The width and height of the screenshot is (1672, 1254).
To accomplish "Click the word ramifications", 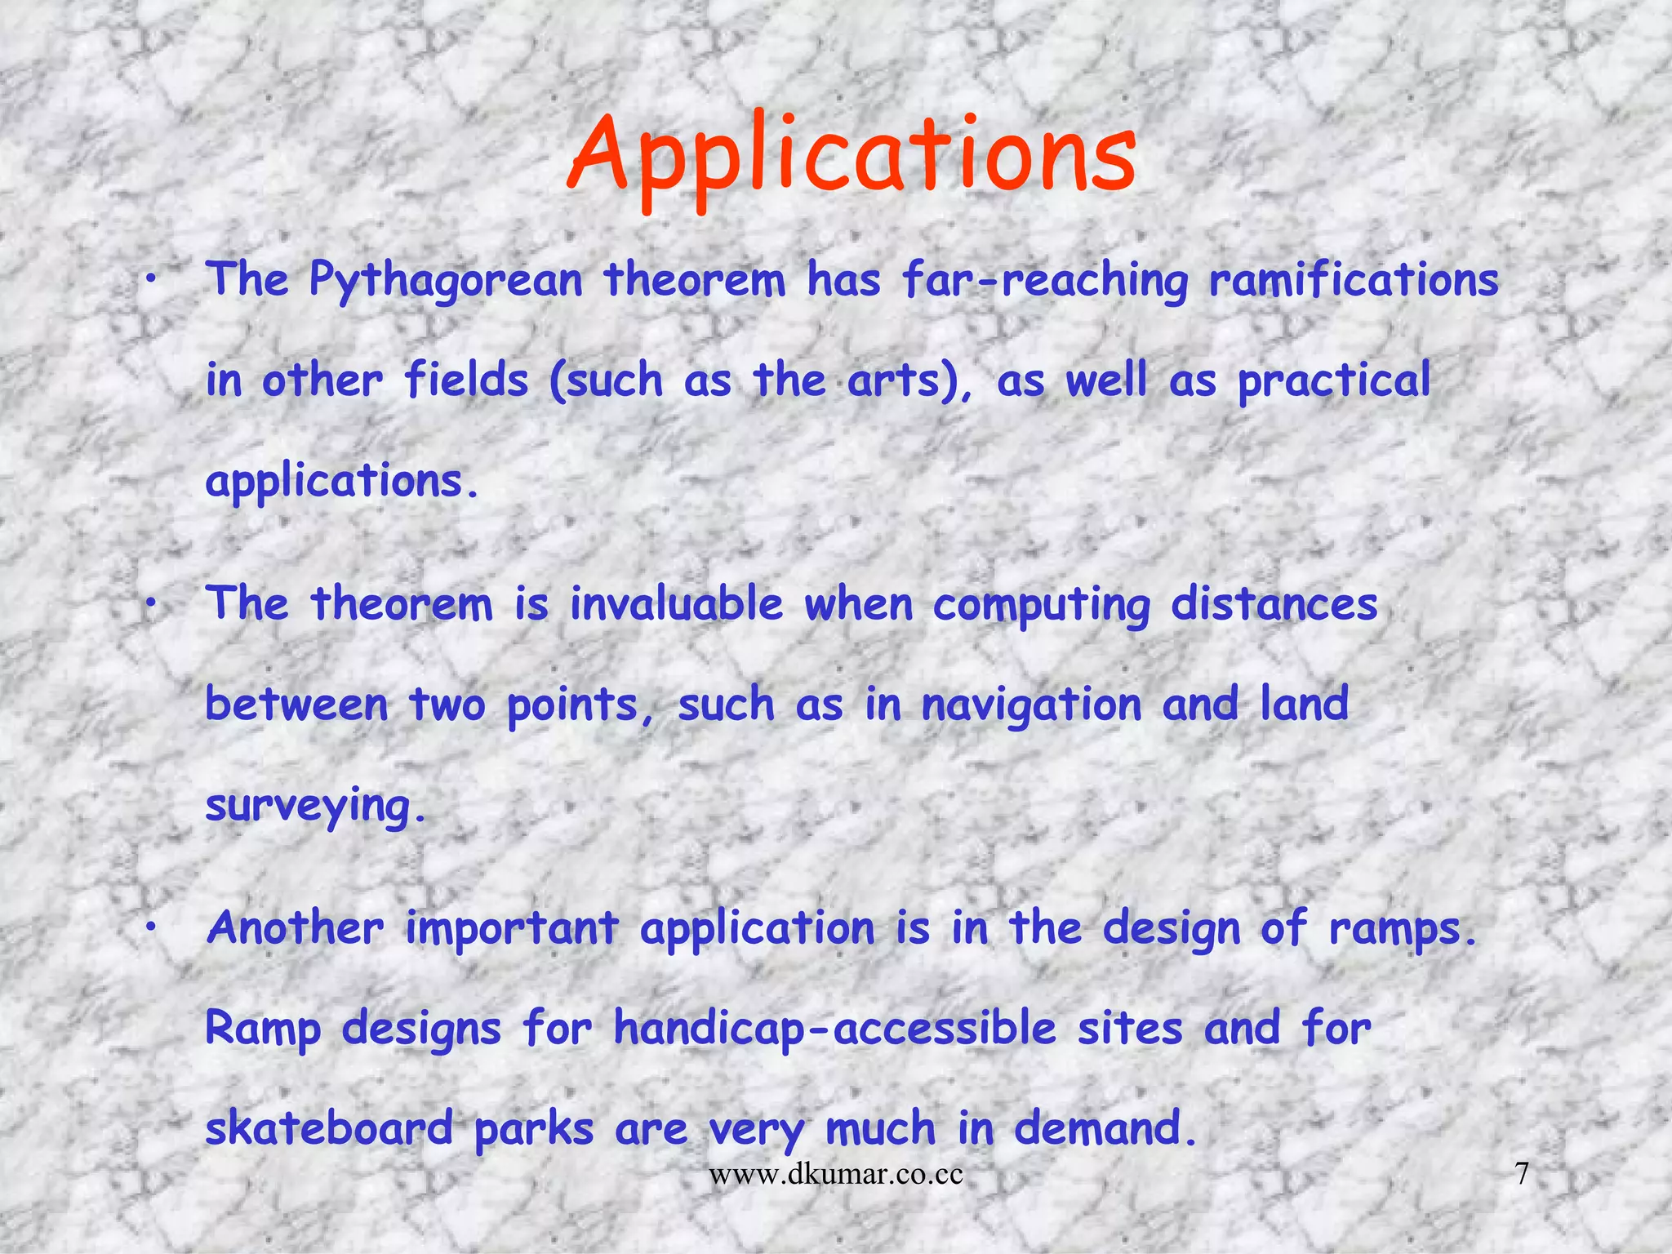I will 1354,280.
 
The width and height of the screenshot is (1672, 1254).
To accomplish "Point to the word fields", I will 466,380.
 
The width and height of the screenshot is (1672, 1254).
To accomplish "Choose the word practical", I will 1334,382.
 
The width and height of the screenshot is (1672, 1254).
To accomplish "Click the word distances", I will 1274,605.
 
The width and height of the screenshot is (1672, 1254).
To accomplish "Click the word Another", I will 295,928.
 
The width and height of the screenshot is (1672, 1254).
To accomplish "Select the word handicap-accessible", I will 835,1029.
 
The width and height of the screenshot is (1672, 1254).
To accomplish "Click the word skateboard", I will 329,1129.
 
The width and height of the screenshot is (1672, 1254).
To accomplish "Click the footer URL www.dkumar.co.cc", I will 836,1175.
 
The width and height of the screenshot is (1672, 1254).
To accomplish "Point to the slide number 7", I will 1522,1175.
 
